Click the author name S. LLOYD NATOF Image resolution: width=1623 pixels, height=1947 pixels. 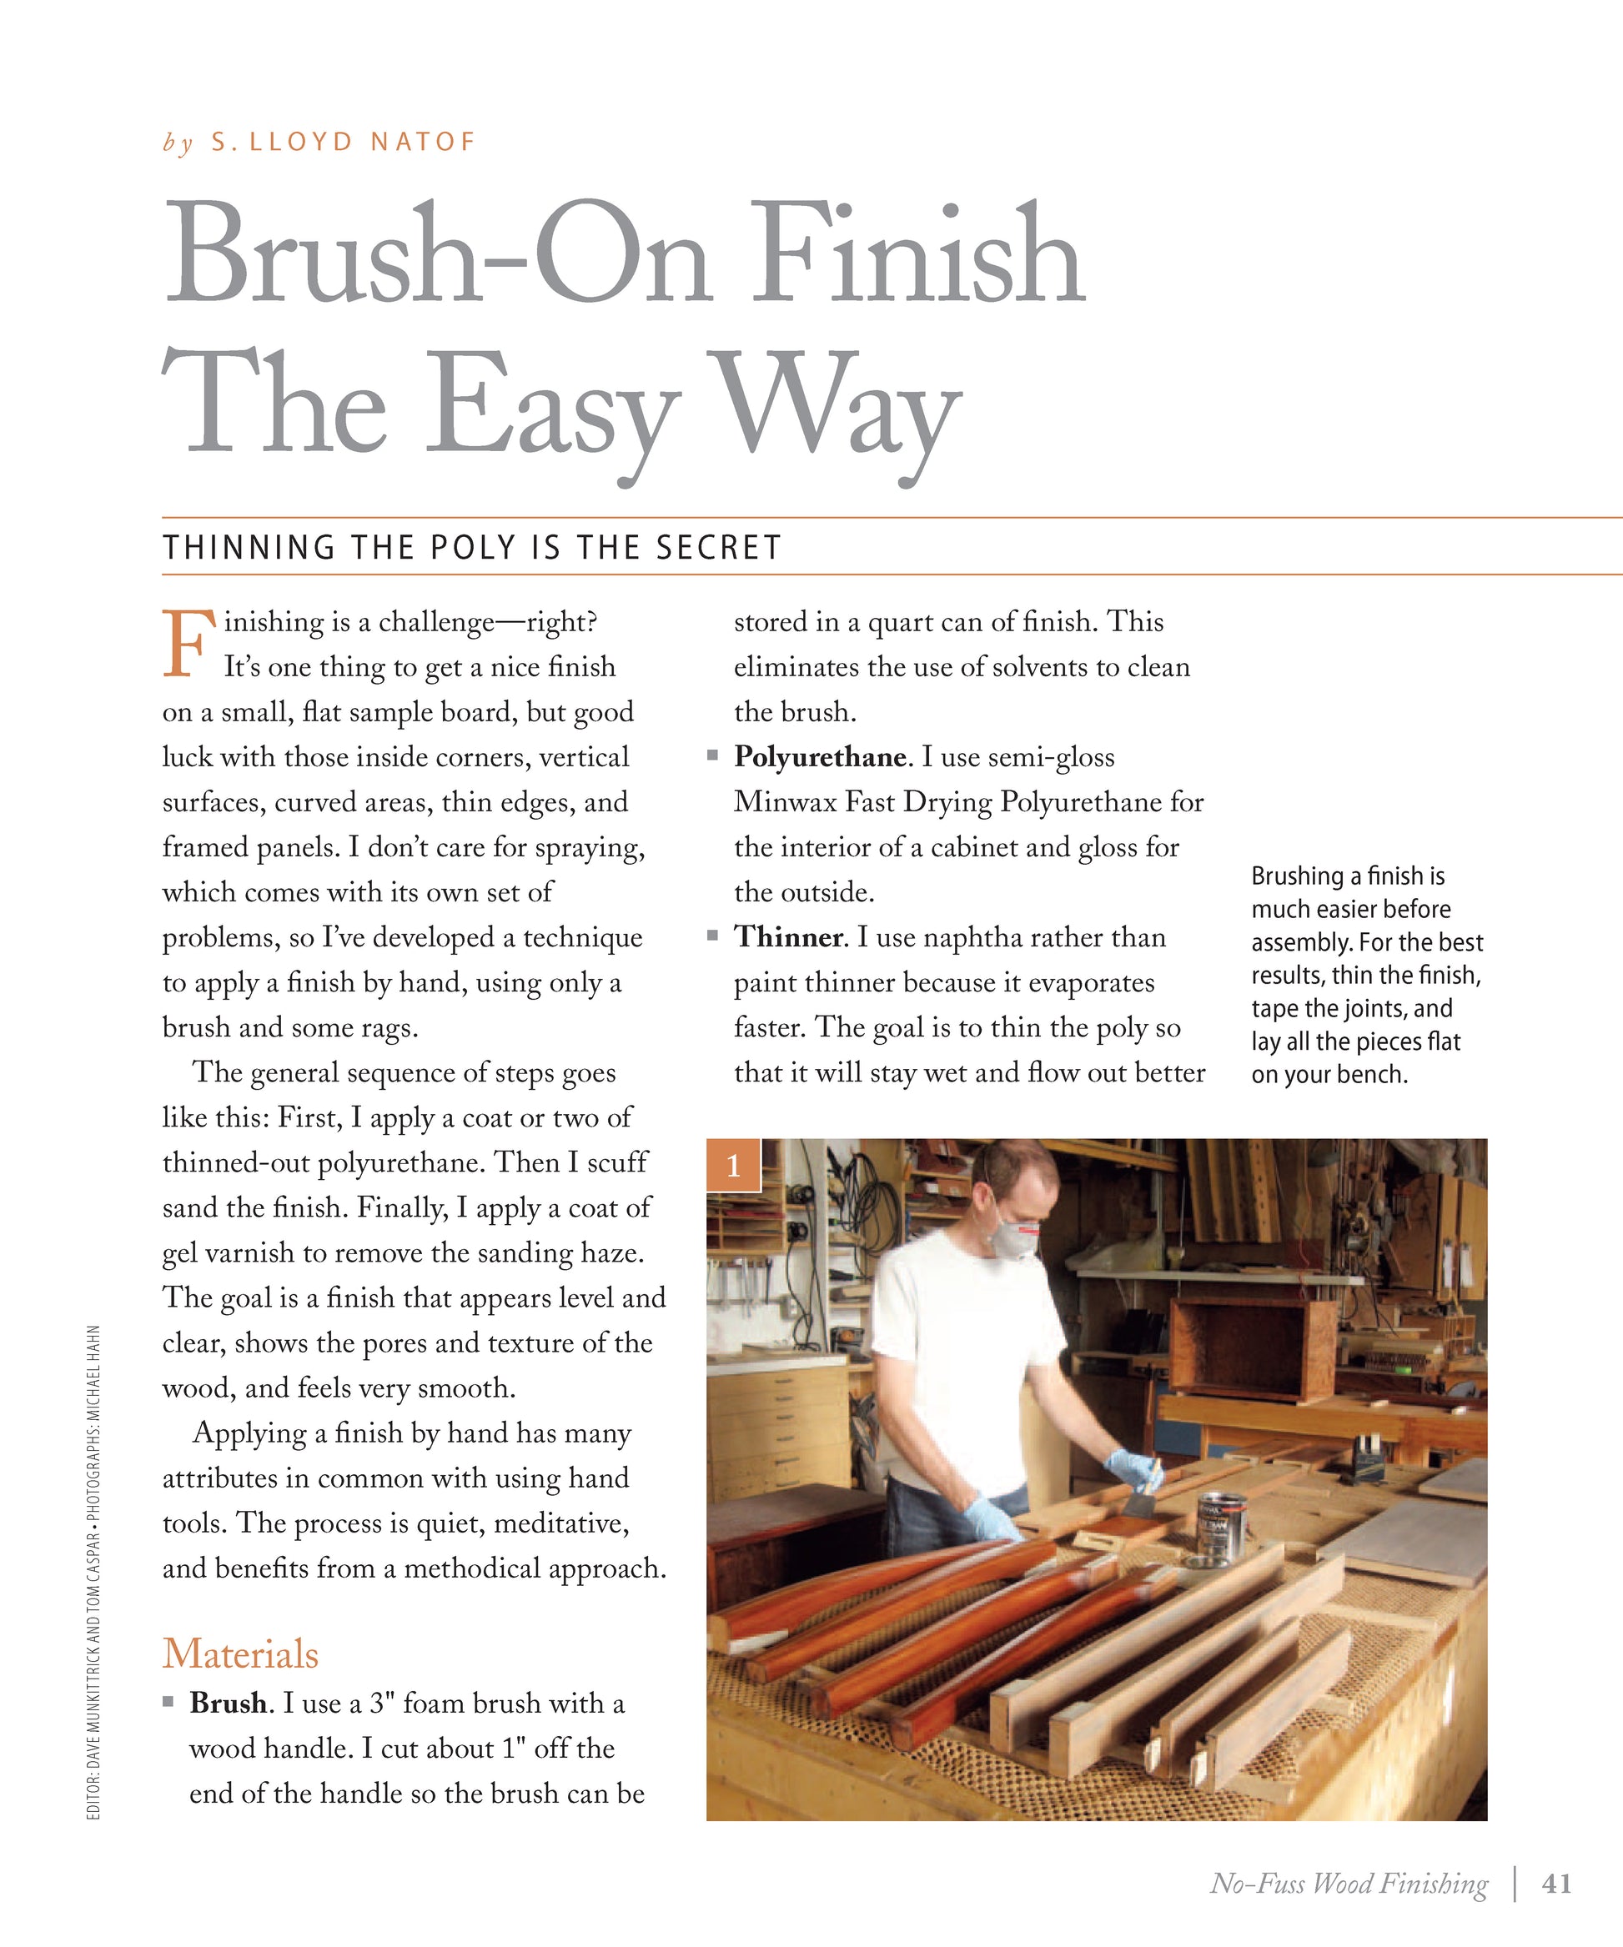[342, 142]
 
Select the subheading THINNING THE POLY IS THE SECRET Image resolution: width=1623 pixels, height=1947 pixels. [472, 548]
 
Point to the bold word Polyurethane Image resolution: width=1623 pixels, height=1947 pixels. [820, 757]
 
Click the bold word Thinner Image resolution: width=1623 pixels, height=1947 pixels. [788, 937]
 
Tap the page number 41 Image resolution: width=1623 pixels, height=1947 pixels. [1556, 1883]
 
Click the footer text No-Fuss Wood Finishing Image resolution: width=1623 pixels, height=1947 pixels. [1349, 1883]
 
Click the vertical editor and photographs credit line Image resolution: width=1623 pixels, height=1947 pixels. [93, 1572]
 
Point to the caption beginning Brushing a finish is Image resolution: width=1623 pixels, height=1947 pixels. [1365, 975]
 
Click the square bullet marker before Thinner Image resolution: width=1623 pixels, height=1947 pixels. [712, 936]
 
